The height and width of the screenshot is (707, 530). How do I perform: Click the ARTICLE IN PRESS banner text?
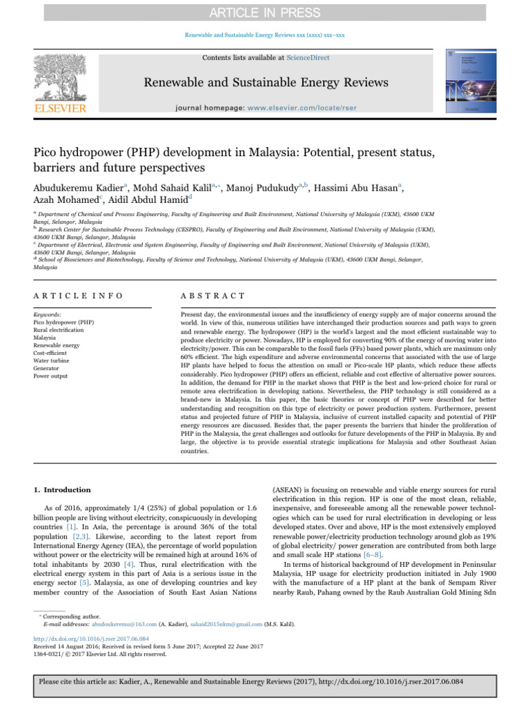(265, 12)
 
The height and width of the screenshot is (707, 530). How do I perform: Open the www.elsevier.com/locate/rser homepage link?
(318, 108)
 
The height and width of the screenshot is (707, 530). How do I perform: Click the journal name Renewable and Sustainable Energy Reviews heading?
(265, 84)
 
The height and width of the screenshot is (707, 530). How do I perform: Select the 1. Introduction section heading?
(62, 490)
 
